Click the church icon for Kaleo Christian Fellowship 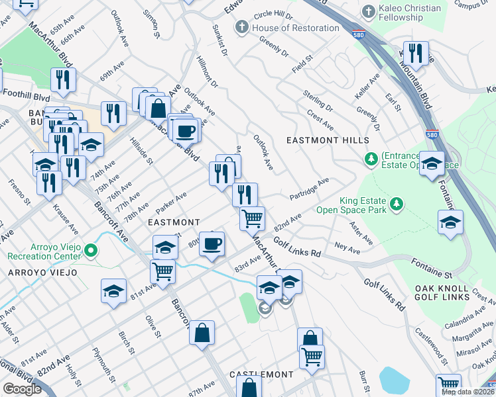point(370,11)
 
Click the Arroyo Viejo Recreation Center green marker point(93,251)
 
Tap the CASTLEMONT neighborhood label point(261,375)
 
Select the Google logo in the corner point(22,389)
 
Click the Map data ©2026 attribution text point(467,392)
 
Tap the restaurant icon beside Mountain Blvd point(416,53)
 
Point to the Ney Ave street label point(347,247)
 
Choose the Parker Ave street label point(171,200)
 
